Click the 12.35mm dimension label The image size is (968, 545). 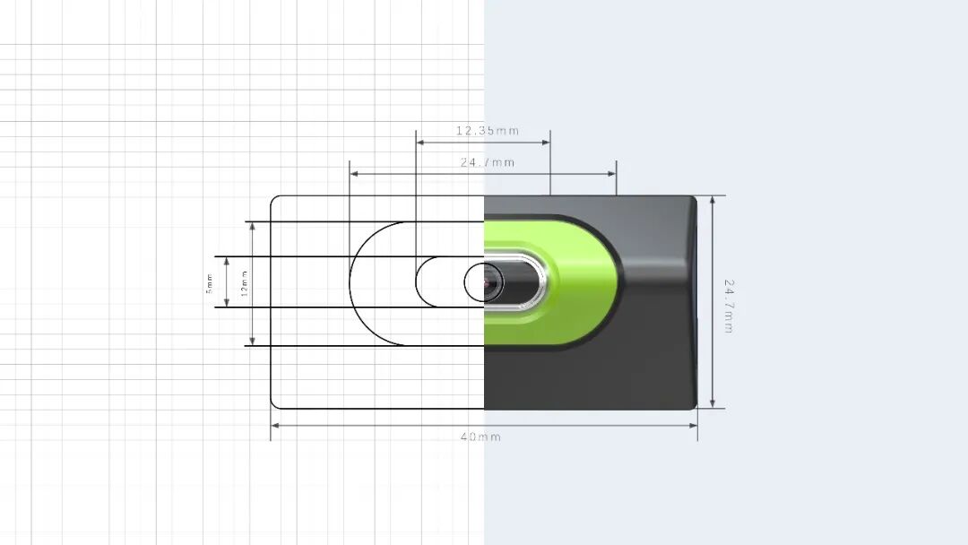point(488,131)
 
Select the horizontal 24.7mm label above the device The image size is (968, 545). point(488,163)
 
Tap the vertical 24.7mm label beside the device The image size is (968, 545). point(729,307)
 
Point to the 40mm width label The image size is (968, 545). point(481,437)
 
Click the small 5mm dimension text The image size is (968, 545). point(209,283)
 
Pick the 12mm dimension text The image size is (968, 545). point(245,283)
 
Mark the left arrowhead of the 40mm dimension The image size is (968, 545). point(275,425)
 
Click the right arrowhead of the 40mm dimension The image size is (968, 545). point(693,425)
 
